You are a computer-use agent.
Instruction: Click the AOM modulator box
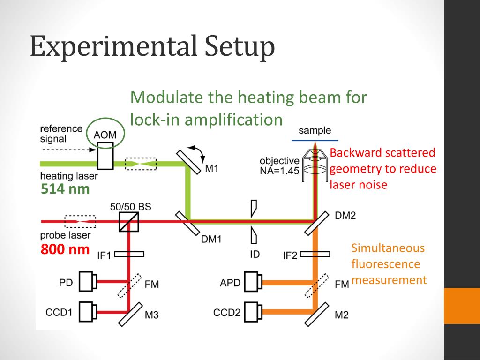click(105, 156)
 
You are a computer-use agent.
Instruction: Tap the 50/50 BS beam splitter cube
click(128, 222)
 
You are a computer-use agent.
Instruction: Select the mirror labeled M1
click(188, 162)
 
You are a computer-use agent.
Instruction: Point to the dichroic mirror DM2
click(317, 223)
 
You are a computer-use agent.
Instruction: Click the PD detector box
click(88, 281)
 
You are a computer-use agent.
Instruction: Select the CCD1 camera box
click(88, 312)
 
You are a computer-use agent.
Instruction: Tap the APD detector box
click(254, 282)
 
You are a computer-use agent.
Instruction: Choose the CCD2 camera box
click(254, 312)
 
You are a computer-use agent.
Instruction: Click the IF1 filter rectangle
click(129, 254)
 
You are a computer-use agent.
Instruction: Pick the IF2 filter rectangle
click(315, 254)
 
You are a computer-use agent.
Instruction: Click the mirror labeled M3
click(130, 315)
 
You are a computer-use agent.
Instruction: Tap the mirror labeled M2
click(317, 315)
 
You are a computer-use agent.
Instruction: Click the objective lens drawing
click(315, 165)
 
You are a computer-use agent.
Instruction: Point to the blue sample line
click(315, 140)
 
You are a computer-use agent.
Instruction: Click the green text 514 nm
click(65, 189)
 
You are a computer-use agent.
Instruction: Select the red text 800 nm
click(65, 249)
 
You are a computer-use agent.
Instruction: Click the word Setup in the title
click(240, 46)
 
